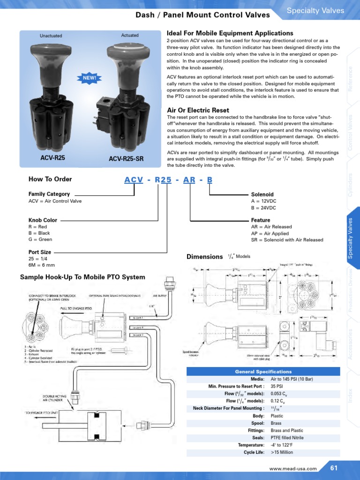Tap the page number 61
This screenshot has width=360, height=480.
334,468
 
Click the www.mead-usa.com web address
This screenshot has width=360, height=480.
293,468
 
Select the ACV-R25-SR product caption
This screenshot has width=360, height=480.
126,159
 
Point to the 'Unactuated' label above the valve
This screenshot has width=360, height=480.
51,36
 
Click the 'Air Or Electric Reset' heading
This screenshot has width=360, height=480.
198,110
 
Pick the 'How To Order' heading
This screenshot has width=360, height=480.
50,179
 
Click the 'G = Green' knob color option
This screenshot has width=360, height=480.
40,240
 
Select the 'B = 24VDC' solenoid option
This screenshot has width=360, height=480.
263,208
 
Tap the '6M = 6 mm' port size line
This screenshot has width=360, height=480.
42,265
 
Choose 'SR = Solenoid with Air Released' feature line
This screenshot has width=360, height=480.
287,240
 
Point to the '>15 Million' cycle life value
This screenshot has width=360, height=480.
282,453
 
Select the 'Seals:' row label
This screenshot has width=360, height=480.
257,438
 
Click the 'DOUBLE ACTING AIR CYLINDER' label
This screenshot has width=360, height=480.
54,398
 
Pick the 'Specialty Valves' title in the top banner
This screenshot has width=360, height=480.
315,11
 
